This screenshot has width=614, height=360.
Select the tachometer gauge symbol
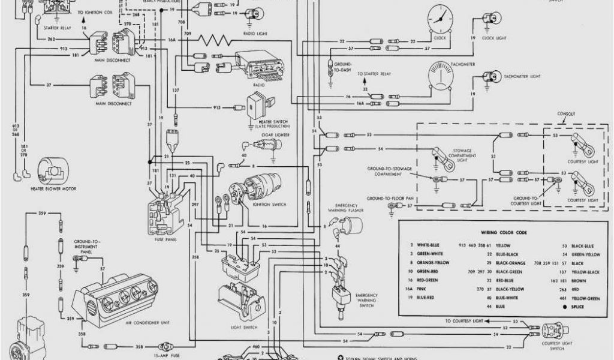pos(443,78)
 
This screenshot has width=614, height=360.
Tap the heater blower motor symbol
pos(51,171)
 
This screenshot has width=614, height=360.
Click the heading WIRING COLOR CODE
pos(504,232)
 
